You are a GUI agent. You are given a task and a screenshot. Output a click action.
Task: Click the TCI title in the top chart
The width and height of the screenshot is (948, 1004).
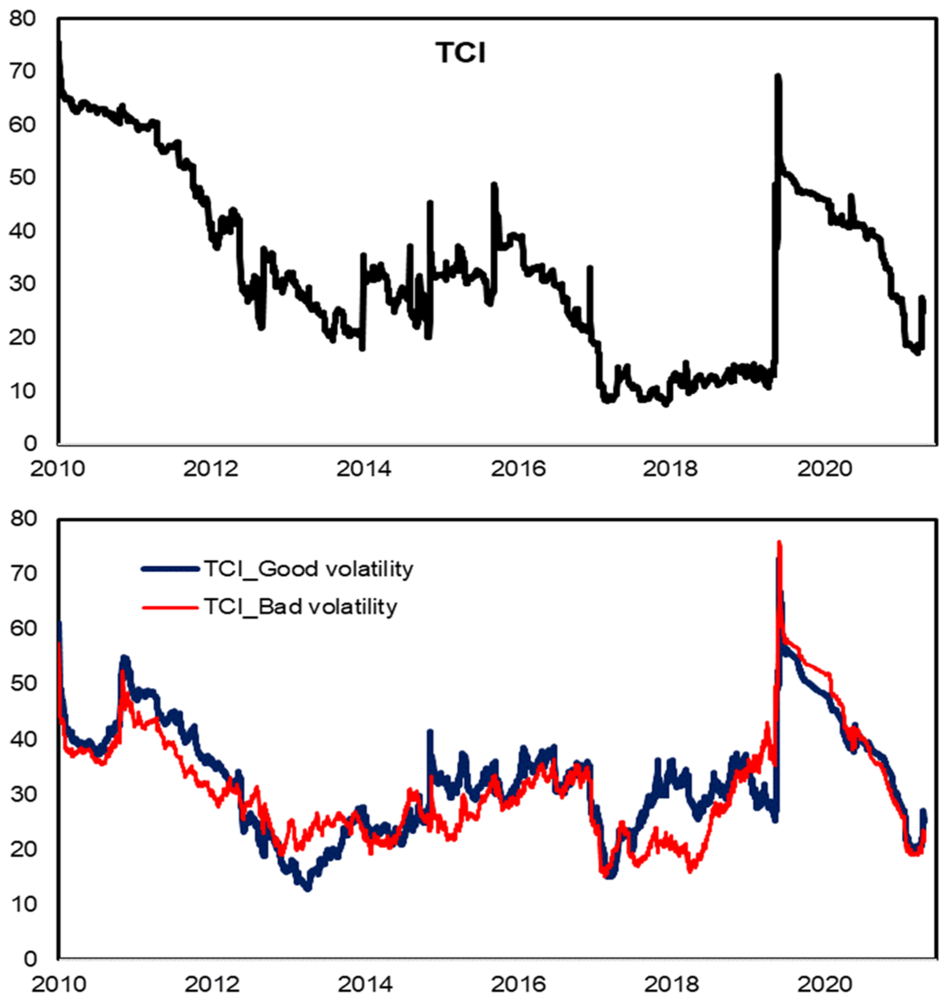[460, 53]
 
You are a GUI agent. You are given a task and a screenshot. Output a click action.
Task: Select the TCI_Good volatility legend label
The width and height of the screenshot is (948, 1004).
[308, 569]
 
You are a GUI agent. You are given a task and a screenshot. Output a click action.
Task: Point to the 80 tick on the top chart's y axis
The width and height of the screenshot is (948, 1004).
[23, 19]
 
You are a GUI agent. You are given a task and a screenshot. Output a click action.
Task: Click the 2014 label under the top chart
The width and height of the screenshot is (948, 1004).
[364, 469]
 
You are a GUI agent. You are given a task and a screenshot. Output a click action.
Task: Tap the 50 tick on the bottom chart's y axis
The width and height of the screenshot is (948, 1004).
[23, 684]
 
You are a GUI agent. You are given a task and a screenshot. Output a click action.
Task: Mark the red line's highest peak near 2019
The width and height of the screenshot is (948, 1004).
[779, 542]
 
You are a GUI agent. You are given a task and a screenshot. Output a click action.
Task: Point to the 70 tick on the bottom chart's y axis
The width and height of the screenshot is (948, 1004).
[23, 574]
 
